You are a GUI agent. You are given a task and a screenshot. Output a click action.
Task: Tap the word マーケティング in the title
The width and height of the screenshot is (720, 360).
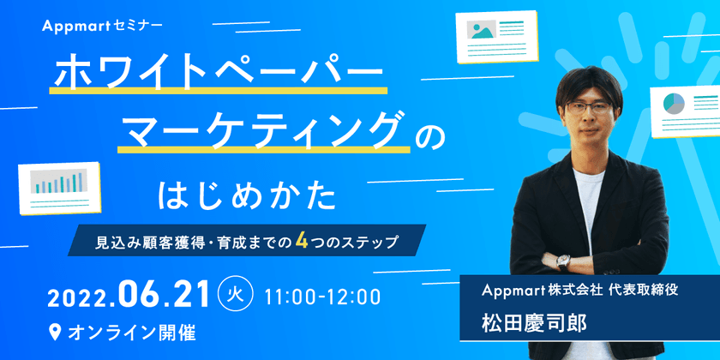pyautogui.click(x=261, y=130)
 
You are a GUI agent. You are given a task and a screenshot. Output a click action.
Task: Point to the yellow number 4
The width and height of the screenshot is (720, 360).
pyautogui.click(x=302, y=241)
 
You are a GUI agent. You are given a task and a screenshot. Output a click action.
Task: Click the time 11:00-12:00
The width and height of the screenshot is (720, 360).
pyautogui.click(x=322, y=297)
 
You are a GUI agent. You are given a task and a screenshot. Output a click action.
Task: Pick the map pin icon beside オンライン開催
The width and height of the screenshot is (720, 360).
pyautogui.click(x=56, y=330)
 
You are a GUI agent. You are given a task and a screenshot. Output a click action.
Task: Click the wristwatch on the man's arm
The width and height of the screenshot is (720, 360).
pyautogui.click(x=563, y=261)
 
